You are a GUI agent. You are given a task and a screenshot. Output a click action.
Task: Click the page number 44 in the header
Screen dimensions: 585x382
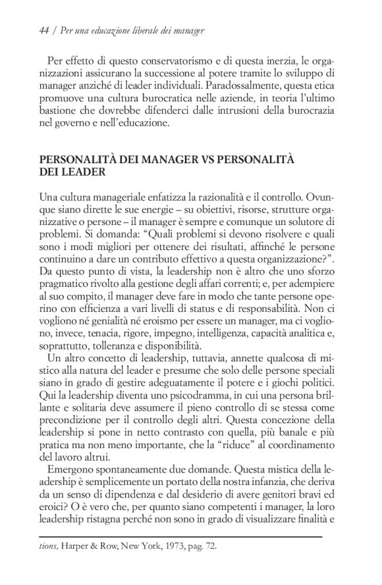click(44, 30)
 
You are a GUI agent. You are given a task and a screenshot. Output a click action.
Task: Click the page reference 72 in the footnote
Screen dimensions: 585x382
click(209, 546)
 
